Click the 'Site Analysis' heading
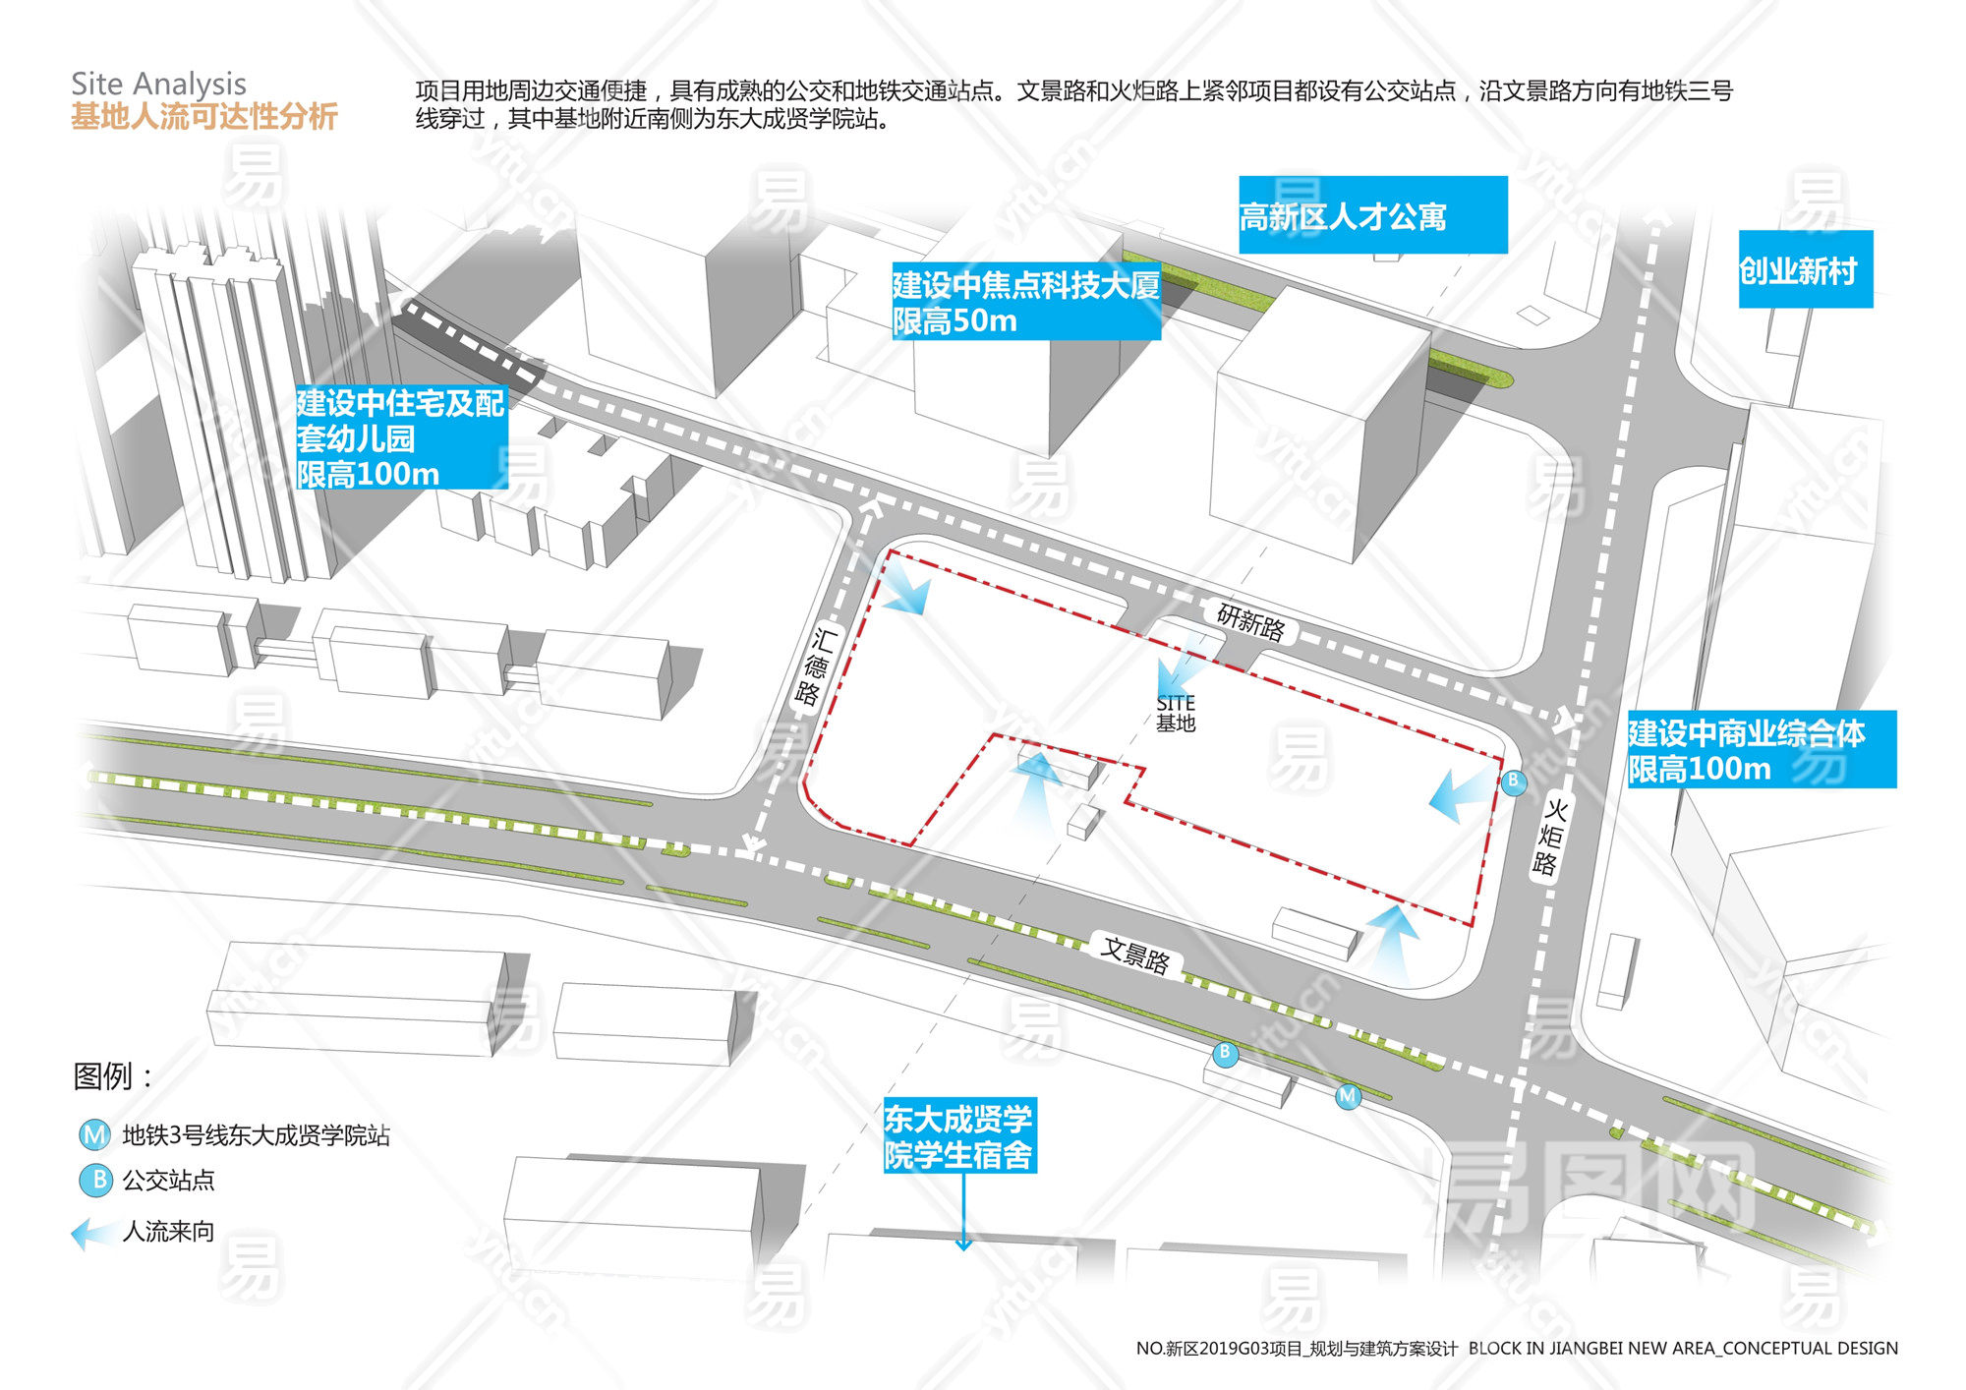pos(158,84)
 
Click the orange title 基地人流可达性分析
pos(204,117)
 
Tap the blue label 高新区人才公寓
pos(1343,216)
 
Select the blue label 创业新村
pos(1798,270)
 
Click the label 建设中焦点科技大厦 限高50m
pos(1025,302)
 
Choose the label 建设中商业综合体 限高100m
pos(1746,750)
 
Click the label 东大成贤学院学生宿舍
pos(958,1136)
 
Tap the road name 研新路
pos(1250,622)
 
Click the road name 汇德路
pos(815,666)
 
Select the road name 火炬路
pos(1549,837)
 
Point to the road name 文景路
pos(1135,954)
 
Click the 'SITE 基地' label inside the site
pos(1176,713)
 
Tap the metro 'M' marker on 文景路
pos(1348,1095)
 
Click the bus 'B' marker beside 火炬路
pos(1514,782)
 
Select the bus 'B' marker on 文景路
pos(1225,1053)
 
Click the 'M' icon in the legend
pos(94,1135)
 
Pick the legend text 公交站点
pos(168,1180)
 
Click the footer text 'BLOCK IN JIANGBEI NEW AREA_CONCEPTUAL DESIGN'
pos(1683,1348)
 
